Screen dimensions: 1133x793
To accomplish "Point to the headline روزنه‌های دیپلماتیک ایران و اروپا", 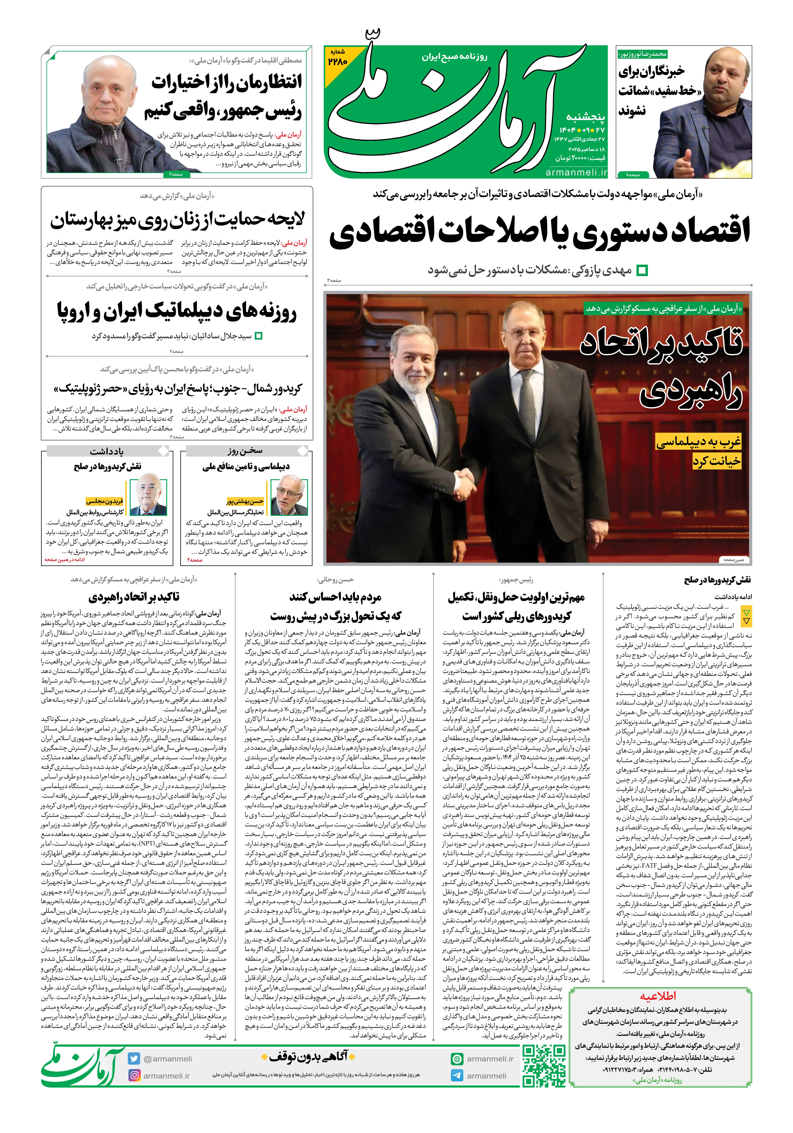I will [x=177, y=311].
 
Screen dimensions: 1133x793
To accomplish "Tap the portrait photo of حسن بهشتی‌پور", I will [x=289, y=496].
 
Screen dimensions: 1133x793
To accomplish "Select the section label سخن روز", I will [x=245, y=451].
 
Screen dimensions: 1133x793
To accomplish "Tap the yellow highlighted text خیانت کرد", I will [x=716, y=461].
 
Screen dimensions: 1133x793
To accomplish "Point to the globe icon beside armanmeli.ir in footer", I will [x=457, y=1059].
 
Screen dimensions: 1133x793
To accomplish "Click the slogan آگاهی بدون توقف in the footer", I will [x=305, y=1056].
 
